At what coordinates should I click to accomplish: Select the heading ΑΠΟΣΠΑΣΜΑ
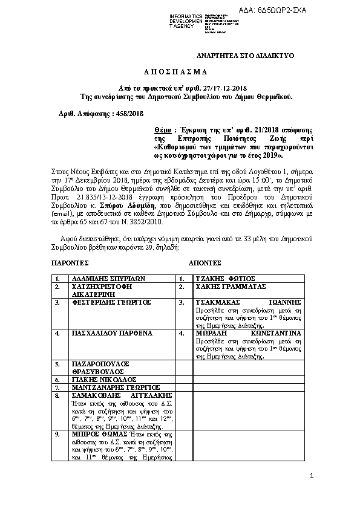tap(180, 71)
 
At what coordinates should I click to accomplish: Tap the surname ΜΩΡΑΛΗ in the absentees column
tap(211, 332)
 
